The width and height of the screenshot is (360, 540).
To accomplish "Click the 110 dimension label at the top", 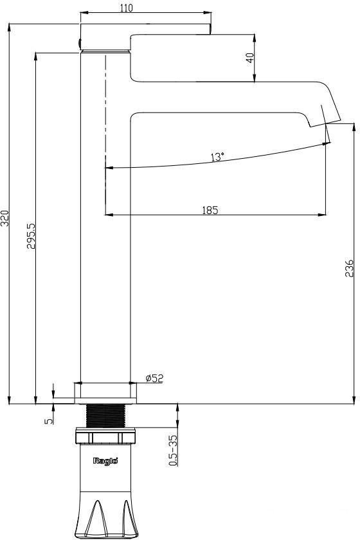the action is point(127,8).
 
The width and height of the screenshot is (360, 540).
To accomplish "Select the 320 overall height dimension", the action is point(4,218).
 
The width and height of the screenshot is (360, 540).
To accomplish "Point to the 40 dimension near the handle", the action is point(251,57).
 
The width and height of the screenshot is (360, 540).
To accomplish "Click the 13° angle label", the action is point(217,157).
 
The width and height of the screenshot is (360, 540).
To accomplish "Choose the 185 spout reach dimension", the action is point(210,210).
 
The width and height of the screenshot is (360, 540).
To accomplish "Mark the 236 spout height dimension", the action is point(349,268).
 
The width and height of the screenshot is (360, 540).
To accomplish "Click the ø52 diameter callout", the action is point(154,378).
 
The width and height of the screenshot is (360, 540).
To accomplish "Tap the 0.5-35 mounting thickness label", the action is point(174,451).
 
